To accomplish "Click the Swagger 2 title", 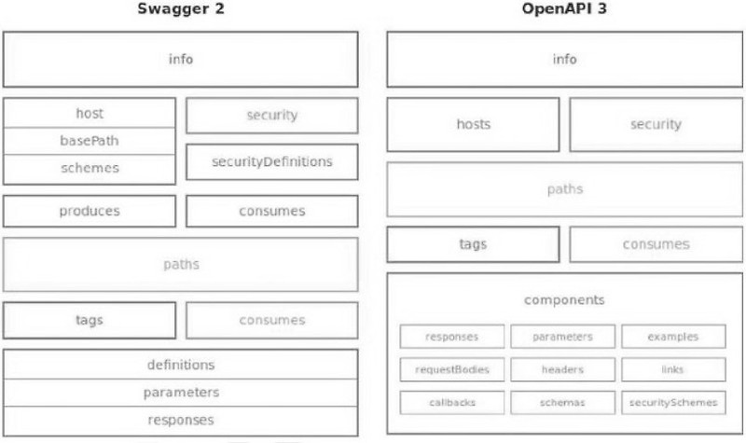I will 180,11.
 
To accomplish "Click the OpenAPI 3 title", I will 565,11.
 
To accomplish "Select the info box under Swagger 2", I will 180,60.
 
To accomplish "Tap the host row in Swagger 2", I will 90,114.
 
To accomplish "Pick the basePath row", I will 90,141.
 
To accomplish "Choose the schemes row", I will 90,168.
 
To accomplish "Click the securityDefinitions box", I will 272,161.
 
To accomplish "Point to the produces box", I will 90,211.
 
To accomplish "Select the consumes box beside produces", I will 272,211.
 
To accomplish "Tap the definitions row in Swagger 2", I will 180,365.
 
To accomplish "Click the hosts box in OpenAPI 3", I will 474,124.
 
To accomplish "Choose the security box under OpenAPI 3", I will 656,124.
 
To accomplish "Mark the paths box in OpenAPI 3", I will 565,189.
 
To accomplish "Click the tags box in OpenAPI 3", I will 474,244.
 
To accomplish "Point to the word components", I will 565,300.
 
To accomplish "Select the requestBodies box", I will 452,369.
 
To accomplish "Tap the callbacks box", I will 452,403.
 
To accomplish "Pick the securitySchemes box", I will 673,403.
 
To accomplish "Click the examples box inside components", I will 673,336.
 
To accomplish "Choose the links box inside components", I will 673,369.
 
